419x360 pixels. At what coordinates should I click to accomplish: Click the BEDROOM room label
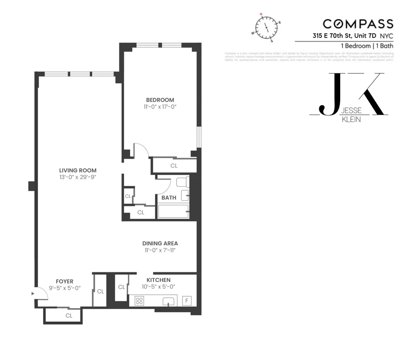[160, 100]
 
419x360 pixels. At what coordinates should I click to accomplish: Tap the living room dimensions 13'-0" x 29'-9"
[78, 177]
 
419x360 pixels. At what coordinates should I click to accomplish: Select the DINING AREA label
[160, 243]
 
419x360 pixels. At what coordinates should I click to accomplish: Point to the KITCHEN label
[158, 280]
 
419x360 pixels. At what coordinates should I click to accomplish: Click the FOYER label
[64, 281]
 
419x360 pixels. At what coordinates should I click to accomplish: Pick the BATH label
[169, 197]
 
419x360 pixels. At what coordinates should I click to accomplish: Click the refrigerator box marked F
[187, 301]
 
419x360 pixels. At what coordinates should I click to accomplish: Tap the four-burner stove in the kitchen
[139, 301]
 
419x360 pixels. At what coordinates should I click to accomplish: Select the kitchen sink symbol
[168, 302]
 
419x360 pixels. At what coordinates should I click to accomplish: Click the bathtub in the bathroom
[173, 212]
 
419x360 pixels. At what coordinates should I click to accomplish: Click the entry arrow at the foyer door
[33, 294]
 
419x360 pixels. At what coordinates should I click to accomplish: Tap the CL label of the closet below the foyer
[69, 316]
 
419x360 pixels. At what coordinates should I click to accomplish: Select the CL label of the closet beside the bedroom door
[174, 166]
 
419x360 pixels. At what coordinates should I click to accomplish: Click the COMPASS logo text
[358, 24]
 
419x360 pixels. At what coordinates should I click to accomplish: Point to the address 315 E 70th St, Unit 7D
[344, 36]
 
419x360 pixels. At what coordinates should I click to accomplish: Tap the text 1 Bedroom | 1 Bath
[367, 46]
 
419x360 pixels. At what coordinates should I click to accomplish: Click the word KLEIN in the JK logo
[351, 119]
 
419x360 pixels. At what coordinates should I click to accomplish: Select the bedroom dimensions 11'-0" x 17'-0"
[160, 107]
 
